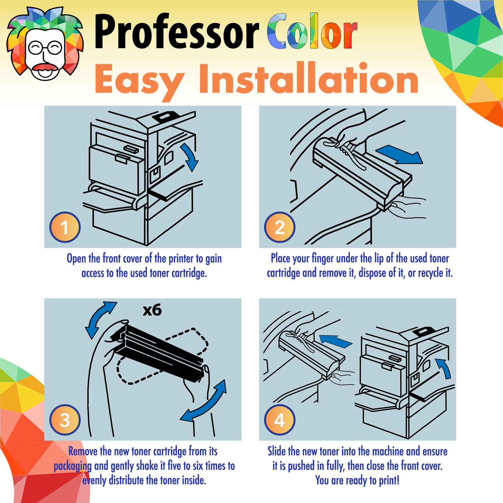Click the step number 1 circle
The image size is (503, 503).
65,227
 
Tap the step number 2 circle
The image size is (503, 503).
280,227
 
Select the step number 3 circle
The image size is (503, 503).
65,420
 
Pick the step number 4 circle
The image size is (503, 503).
280,420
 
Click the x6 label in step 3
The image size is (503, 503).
152,310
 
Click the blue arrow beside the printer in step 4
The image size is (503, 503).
444,368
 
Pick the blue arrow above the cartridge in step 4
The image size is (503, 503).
336,341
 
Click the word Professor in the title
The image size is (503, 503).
176,32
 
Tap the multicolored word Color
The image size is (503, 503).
312,32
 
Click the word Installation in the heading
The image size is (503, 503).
308,79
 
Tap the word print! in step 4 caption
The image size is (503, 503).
389,480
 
